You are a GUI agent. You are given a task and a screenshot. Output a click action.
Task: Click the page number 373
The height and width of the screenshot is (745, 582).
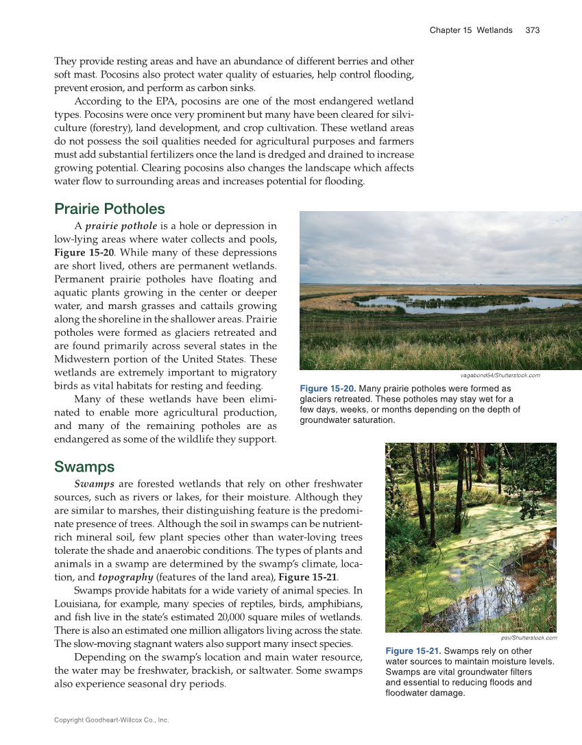pyautogui.click(x=533, y=30)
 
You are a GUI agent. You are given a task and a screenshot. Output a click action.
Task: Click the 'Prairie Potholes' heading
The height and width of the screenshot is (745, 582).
pyautogui.click(x=109, y=208)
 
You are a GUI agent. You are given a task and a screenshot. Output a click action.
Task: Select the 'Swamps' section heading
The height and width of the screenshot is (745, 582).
pyautogui.click(x=84, y=467)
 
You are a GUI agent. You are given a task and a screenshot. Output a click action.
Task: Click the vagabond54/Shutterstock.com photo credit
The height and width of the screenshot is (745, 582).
pyautogui.click(x=500, y=376)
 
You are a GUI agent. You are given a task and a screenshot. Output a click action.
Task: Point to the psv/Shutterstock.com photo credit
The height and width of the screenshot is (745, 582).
pyautogui.click(x=524, y=638)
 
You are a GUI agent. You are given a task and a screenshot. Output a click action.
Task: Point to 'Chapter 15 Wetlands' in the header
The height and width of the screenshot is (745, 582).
pyautogui.click(x=470, y=30)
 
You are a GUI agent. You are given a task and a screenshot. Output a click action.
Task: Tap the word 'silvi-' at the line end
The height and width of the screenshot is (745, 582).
pyautogui.click(x=400, y=114)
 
